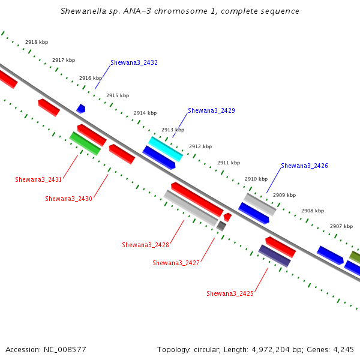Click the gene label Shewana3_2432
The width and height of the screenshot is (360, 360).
(134, 62)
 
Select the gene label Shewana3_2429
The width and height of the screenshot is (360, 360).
(211, 110)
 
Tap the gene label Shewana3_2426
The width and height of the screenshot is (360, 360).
(304, 166)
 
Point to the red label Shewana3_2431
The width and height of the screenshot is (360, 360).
(38, 179)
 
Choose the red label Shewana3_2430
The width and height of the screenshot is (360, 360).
(68, 199)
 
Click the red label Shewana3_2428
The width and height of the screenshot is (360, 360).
(145, 245)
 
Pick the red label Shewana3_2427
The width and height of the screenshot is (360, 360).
(176, 263)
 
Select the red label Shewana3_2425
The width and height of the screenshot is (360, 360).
(230, 293)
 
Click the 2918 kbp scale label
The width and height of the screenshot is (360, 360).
(37, 42)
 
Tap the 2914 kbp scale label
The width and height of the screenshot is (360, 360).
(145, 113)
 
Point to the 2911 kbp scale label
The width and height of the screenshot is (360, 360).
(229, 163)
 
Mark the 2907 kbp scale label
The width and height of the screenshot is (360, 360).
(341, 226)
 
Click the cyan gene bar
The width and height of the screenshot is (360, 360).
(166, 149)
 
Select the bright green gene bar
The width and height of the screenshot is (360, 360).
(85, 143)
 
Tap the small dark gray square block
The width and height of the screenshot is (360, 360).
(221, 226)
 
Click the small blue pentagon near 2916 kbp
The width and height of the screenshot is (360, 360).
(81, 109)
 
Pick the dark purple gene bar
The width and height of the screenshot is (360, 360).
(274, 256)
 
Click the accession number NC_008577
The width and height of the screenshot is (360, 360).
(65, 350)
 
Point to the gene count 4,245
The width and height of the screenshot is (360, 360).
(343, 350)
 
